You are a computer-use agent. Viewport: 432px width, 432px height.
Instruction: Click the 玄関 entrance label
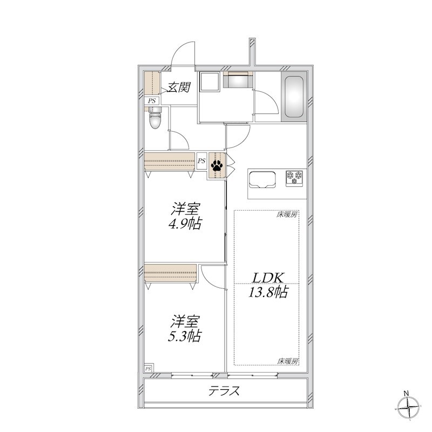point(179,87)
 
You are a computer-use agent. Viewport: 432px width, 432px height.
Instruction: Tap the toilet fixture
point(155,118)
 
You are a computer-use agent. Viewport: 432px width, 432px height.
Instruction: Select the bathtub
point(294,97)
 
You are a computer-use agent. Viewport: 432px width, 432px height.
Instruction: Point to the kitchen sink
point(262,179)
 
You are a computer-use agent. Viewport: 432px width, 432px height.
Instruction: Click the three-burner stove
point(294,178)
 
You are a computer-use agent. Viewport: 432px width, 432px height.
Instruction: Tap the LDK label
point(267,278)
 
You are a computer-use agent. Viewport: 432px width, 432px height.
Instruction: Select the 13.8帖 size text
point(268,292)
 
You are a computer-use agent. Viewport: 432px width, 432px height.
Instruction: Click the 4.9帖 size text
point(185,224)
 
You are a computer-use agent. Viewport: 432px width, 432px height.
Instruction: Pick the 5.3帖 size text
point(185,336)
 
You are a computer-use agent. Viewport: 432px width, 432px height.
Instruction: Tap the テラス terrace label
point(224,390)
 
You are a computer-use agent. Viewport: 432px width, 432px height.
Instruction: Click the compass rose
point(409,407)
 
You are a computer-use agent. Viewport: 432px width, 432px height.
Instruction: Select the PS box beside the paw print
point(201,161)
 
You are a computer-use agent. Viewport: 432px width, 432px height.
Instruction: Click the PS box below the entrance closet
point(152,101)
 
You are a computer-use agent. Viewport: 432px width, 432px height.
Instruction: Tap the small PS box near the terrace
point(148,368)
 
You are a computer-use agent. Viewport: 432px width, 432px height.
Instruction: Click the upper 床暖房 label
point(287,214)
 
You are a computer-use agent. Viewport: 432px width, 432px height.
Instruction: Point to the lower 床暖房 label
point(288,361)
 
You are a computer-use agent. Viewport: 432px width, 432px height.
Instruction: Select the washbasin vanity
point(238,79)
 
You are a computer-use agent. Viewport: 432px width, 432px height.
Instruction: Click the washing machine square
point(210,82)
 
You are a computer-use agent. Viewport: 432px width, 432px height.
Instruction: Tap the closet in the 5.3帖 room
point(171,274)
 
